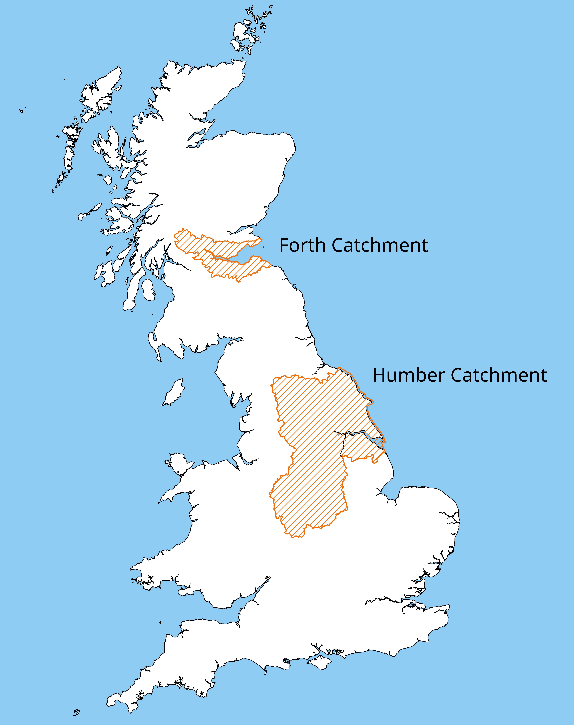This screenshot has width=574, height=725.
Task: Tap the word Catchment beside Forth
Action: [x=380, y=245]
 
